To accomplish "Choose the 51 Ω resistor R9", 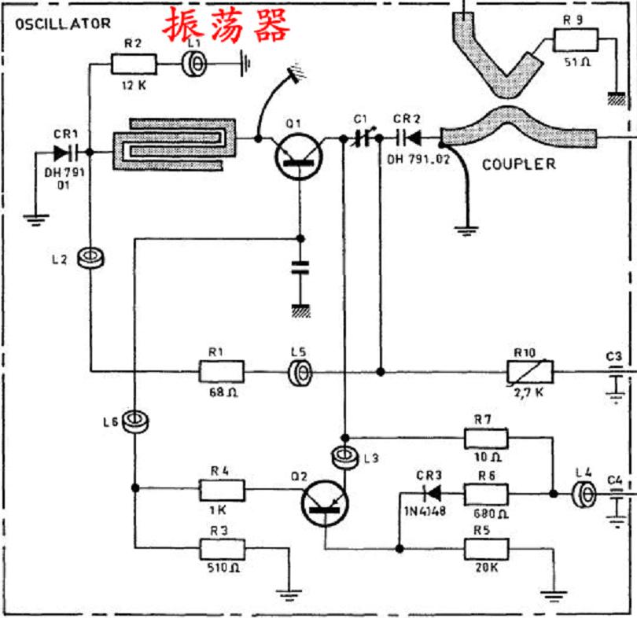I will (x=576, y=40).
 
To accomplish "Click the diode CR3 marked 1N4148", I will (x=429, y=495).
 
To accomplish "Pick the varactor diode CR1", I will (x=64, y=153).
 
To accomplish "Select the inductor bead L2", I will (x=92, y=258).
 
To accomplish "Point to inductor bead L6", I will (x=135, y=421).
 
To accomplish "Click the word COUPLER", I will (x=518, y=164).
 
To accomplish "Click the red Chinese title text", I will (x=226, y=25).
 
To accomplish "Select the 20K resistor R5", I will (x=487, y=547).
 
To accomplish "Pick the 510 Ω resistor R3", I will (x=223, y=547).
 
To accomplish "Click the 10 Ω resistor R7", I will (x=486, y=437).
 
